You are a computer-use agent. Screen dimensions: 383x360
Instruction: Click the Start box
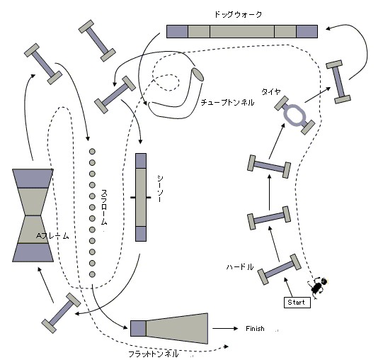[x=297, y=303]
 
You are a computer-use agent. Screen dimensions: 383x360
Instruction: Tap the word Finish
[x=255, y=328]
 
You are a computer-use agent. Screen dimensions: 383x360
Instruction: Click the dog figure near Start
[x=318, y=288]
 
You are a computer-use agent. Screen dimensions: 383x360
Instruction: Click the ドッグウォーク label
[x=238, y=14]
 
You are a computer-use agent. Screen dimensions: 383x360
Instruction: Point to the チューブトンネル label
[x=227, y=102]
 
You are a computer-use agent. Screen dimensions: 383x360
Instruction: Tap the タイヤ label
[x=271, y=91]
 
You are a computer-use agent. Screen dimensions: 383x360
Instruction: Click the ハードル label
[x=240, y=267]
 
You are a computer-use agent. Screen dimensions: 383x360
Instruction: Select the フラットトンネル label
[x=153, y=354]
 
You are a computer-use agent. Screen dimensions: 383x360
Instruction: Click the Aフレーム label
[x=52, y=236]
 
